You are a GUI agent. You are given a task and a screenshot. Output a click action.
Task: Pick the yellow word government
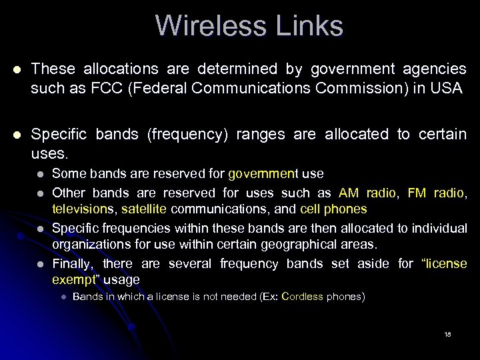point(262,174)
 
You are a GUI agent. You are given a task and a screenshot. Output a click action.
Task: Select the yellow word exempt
point(73,280)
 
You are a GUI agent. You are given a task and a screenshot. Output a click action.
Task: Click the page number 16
point(447,334)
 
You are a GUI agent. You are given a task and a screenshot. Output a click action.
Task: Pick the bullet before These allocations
point(15,69)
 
